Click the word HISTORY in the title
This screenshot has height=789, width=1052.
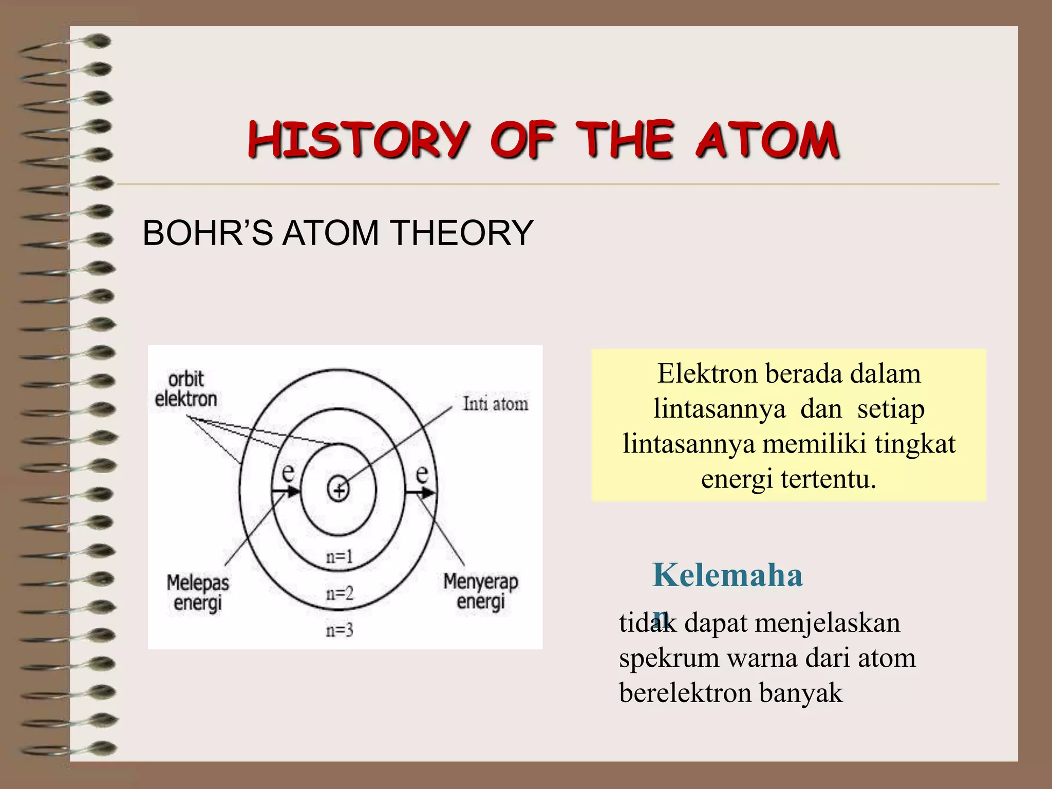coord(358,140)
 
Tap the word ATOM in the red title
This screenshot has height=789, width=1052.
coord(767,140)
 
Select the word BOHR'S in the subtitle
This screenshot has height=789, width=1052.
coord(208,233)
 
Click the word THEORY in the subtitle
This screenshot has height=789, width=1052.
coord(462,233)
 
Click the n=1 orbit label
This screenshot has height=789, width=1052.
coord(340,556)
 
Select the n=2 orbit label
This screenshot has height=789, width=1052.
coord(340,594)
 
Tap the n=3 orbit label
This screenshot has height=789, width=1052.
coord(340,630)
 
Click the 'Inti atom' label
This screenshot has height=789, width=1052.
coord(495,404)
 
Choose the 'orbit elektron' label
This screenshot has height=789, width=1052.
coord(186,389)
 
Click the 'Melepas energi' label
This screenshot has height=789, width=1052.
coord(198,593)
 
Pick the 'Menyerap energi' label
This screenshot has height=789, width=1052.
coord(481,591)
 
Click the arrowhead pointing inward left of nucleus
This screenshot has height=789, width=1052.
coord(293,492)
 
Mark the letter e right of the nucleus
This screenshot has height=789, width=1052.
coord(422,473)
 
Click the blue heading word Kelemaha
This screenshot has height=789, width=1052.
coord(727,575)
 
